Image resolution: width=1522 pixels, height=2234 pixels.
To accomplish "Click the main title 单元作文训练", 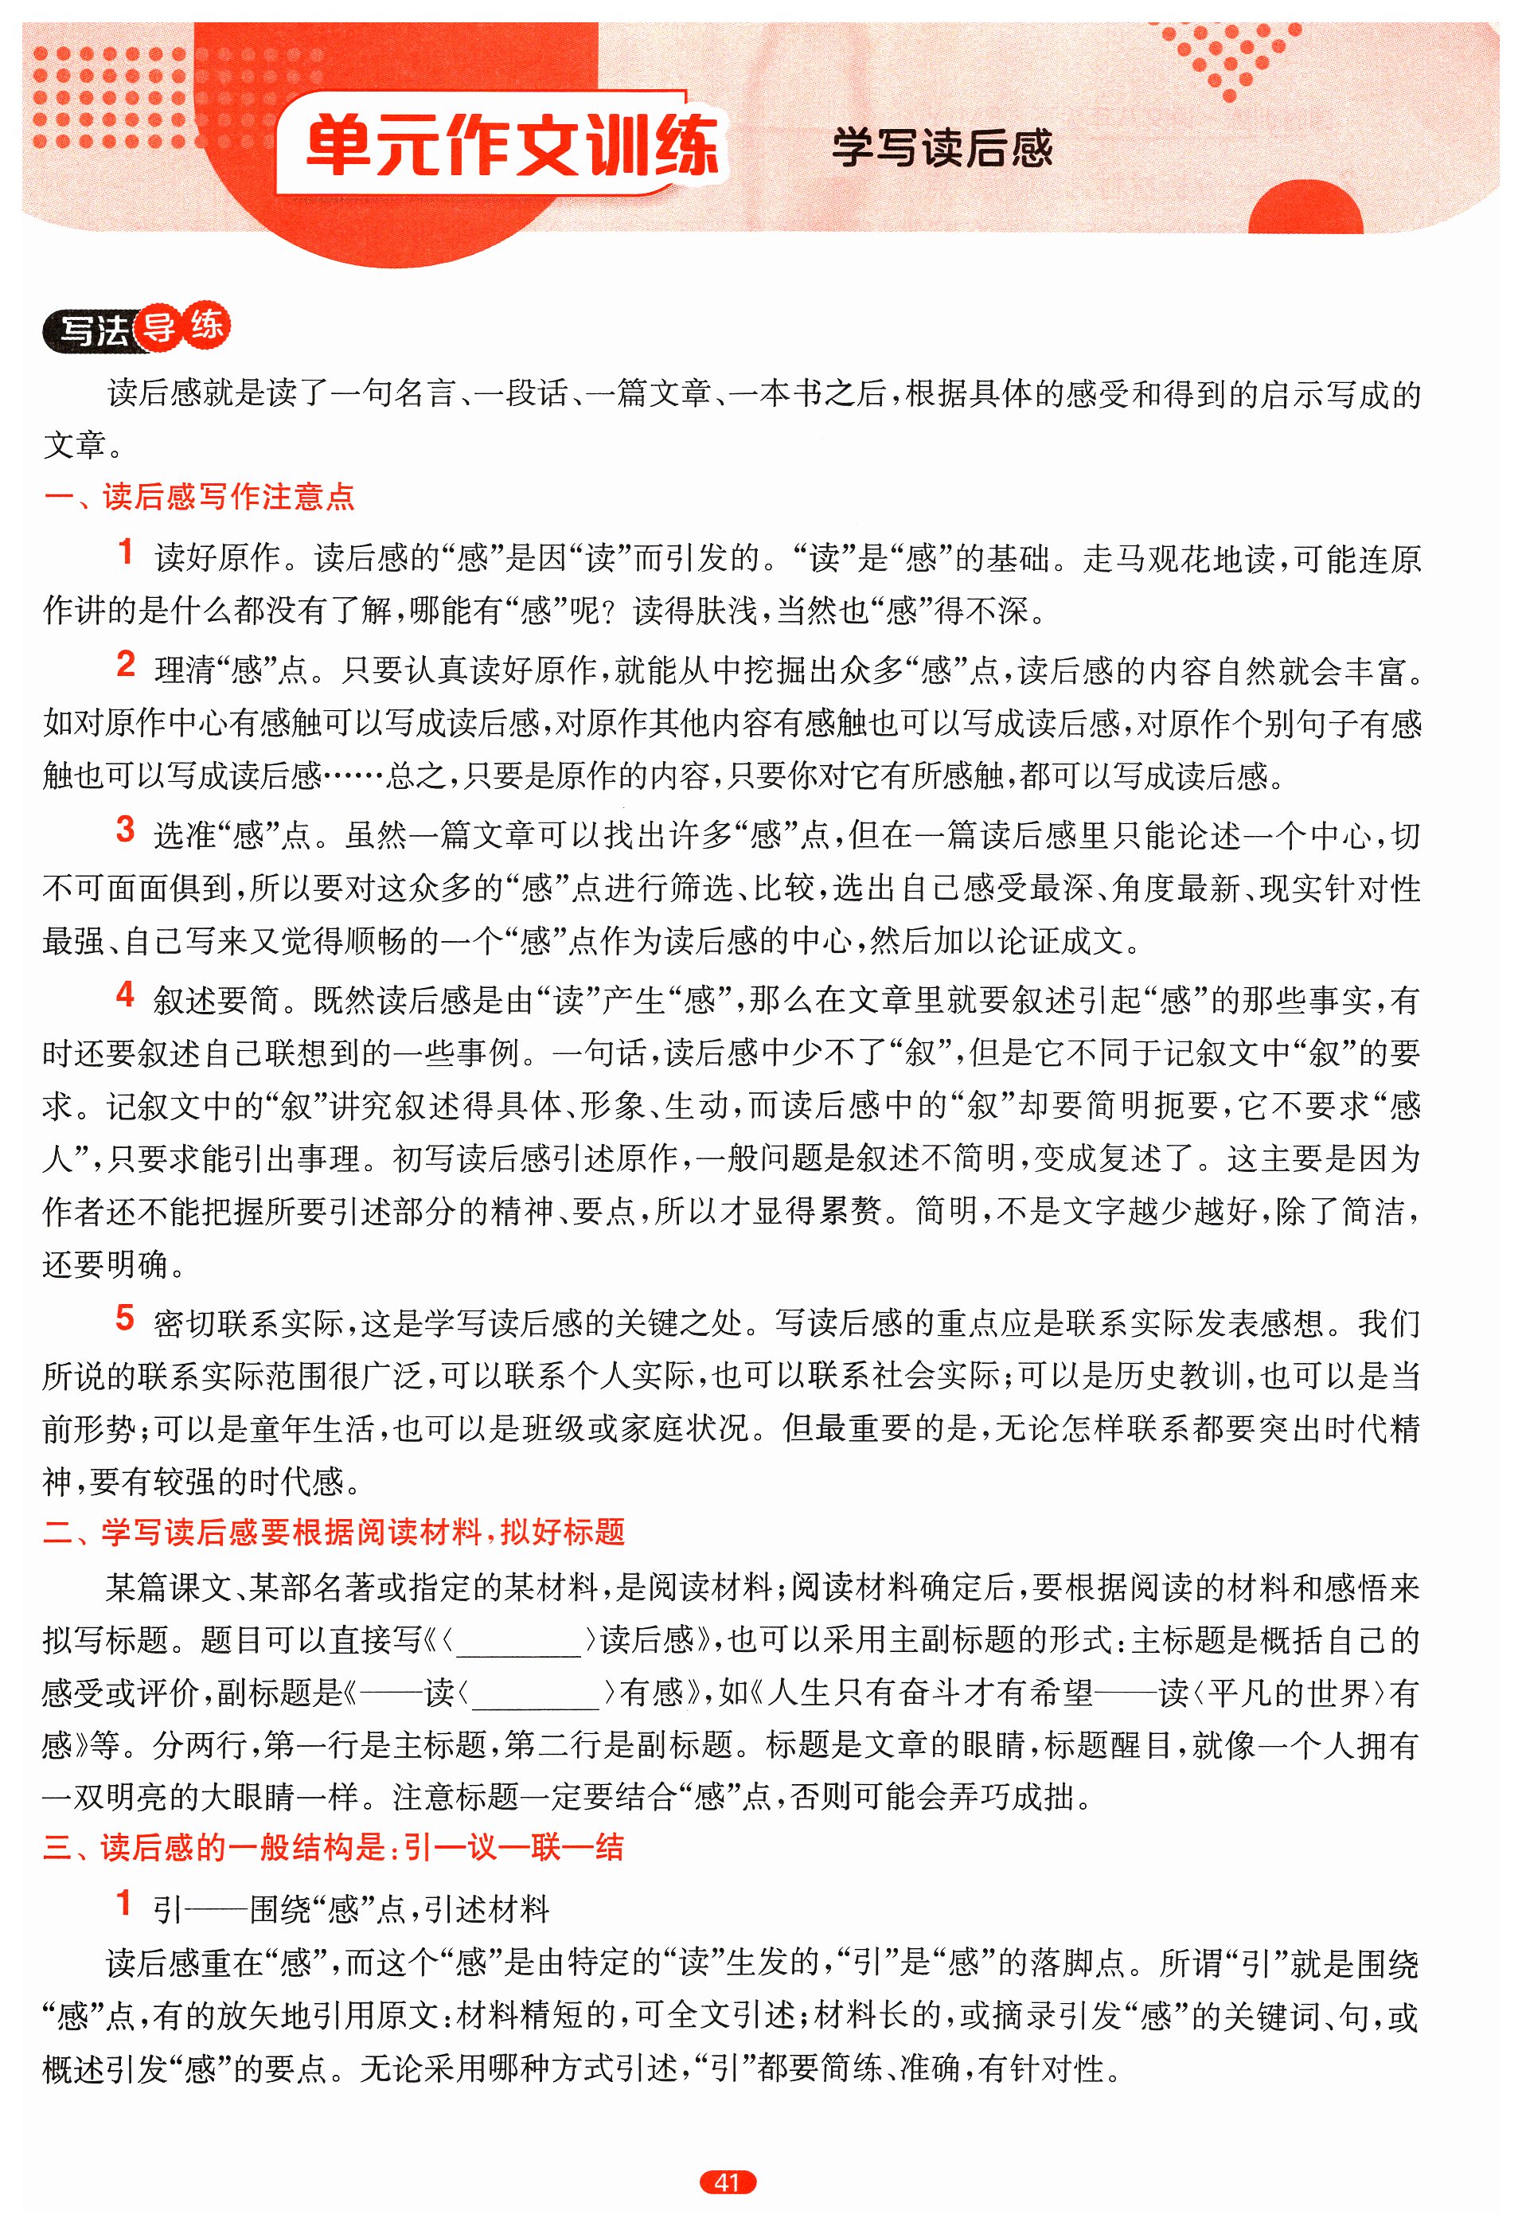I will coord(512,146).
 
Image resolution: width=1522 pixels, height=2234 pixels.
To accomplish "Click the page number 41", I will coord(728,2182).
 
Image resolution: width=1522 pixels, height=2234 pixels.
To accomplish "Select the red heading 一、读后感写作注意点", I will coord(199,496).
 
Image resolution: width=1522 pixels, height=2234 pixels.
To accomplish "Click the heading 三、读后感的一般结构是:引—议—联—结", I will coord(334,1846).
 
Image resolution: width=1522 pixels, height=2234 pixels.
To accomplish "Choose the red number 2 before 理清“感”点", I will coord(125,664).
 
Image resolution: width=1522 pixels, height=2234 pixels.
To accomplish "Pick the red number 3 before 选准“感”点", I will coord(125,830).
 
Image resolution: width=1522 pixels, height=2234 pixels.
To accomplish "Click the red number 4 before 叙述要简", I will coord(125,995).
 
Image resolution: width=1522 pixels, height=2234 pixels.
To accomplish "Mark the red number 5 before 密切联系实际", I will coord(125,1318).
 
